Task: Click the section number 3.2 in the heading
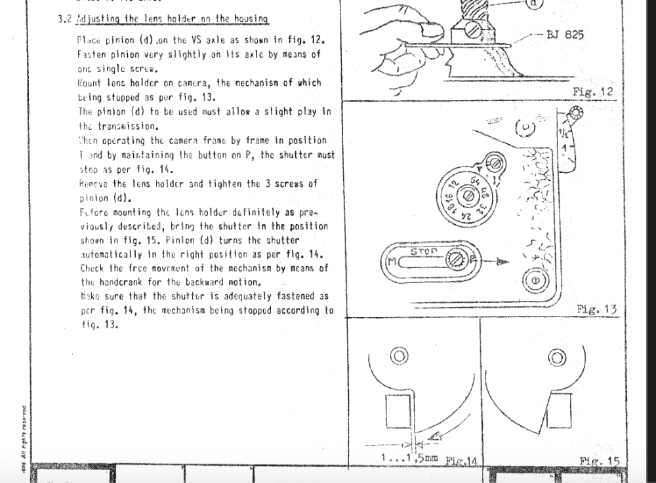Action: tap(64, 17)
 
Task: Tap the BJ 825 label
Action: tap(565, 35)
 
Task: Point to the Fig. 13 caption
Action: tap(596, 309)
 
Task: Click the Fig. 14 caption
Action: tap(462, 461)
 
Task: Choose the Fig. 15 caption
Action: tap(599, 461)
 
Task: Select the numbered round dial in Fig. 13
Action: tap(467, 195)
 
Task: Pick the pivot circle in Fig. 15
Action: tap(557, 357)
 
